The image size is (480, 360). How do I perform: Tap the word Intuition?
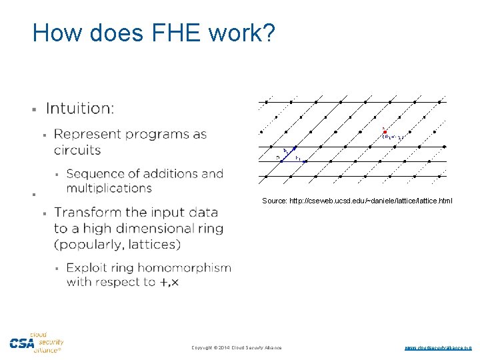tap(79, 109)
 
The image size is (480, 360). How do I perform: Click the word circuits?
tap(77, 150)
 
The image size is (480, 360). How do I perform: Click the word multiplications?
tap(109, 189)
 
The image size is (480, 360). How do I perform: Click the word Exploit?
tap(88, 268)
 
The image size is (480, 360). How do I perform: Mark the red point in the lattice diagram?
tap(385, 131)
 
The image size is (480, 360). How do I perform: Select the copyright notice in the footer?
tap(237, 347)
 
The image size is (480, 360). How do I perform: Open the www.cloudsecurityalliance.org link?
tap(438, 347)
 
